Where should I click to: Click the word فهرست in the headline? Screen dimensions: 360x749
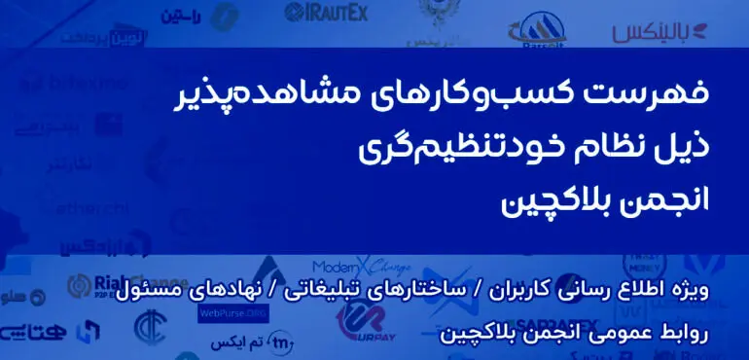[x=667, y=95]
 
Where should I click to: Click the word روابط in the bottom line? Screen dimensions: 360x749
[x=700, y=333]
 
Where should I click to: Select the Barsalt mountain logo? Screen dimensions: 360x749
[x=546, y=27]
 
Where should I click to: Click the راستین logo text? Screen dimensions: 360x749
[x=181, y=15]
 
